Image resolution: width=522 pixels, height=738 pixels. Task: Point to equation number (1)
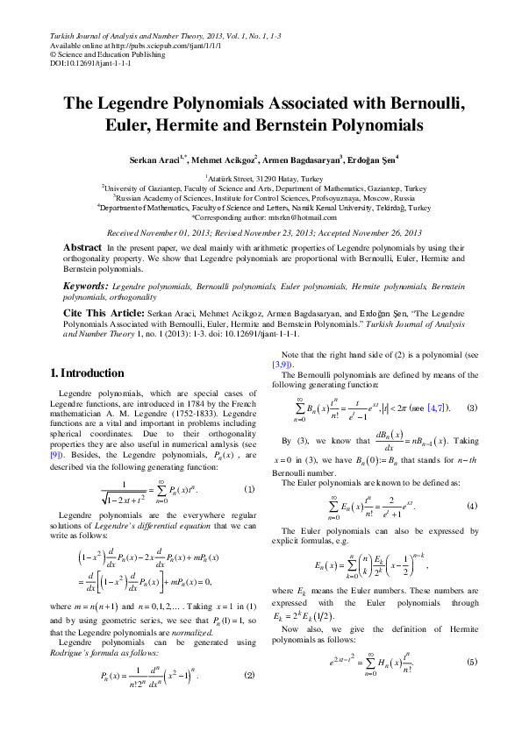[249, 488]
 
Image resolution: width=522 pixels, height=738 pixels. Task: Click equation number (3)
[472, 408]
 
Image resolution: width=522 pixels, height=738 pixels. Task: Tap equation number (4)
[472, 507]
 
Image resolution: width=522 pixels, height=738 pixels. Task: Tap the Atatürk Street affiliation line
[261, 177]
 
